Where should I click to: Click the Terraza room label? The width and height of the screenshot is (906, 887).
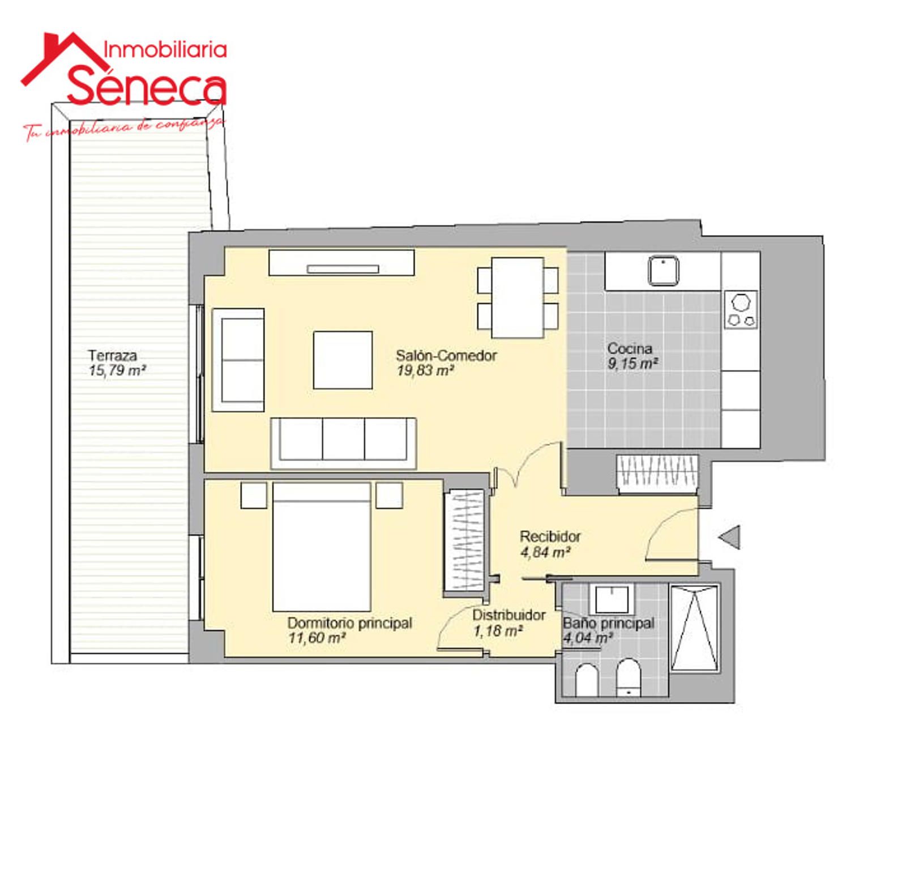112,356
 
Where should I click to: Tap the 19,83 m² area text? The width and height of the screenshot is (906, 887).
425,371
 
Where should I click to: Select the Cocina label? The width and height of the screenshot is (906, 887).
630,348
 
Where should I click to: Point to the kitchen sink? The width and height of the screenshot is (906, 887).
663,270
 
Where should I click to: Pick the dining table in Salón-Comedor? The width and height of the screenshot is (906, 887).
518,297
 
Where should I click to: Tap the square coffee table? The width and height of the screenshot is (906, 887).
343,360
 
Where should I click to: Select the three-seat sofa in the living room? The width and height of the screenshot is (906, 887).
344,444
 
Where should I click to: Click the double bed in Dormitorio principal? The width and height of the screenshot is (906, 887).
322,547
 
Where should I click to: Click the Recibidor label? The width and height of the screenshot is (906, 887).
550,536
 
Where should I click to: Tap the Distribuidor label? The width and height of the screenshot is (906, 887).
509,615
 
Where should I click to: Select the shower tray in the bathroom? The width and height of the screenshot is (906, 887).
694,628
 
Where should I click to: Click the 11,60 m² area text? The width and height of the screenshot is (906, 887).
317,638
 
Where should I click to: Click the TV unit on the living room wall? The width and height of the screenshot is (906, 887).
341,263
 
